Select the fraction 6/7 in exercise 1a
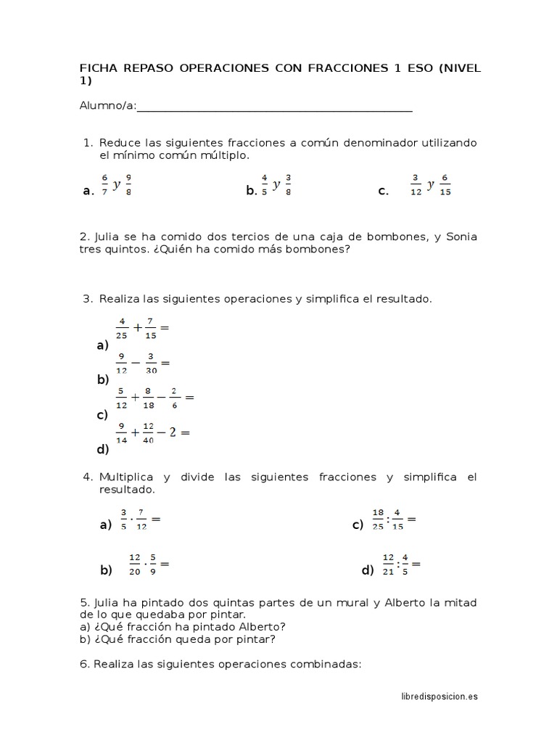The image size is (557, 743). coord(104,184)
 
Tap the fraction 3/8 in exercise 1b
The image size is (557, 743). coord(288,184)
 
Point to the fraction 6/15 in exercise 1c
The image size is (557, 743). coord(445,184)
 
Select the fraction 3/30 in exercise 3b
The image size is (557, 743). coord(152,362)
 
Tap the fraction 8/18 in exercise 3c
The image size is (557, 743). coord(147,398)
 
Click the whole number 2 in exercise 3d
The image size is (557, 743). coord(172,432)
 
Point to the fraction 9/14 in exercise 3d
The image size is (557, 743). coord(122,432)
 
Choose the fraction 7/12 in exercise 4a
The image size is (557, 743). coord(141,520)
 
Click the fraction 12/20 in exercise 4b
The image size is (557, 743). coord(134,564)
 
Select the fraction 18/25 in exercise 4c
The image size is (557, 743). coord(378,520)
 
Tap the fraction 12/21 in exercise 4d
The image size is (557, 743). coord(389,564)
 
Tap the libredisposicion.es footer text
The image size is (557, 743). coord(440,697)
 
